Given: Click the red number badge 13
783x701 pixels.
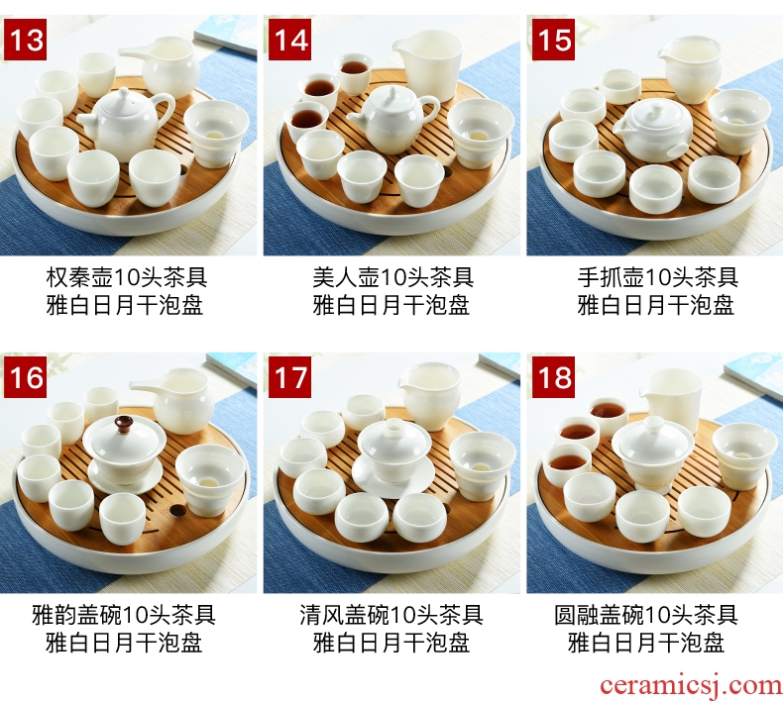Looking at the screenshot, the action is point(25,40).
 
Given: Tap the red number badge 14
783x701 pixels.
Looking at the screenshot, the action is point(289,40).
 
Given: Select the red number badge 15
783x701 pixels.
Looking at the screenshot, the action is point(553,40).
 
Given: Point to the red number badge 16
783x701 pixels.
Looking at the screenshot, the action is point(25,377).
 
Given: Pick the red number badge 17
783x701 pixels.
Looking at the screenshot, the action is point(289,377).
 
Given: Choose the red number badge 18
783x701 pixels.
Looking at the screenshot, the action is point(553,377).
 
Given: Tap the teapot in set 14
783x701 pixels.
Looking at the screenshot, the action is point(393,120).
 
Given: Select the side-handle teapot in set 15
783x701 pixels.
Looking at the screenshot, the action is point(653,130).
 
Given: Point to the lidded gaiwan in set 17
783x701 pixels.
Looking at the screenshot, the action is point(392,456).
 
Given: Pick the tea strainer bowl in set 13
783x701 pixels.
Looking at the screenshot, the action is point(216,133).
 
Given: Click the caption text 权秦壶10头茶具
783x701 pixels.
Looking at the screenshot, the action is point(126,277).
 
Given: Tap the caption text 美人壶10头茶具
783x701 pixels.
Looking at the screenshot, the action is point(393,277).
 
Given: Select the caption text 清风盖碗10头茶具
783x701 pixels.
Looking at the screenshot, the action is point(391,615).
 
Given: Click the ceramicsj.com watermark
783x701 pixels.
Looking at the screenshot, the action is point(691,685).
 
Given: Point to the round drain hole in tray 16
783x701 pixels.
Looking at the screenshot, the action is point(175,510).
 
